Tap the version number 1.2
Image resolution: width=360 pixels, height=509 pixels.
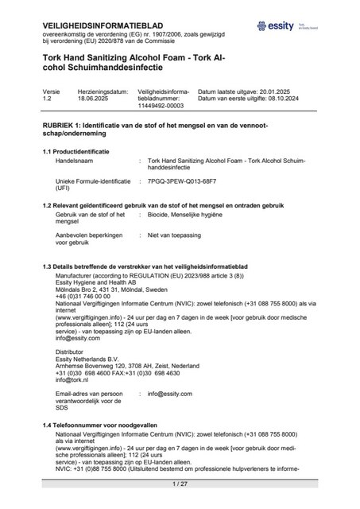point(48,100)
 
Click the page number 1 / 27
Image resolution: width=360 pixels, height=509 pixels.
point(180,484)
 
